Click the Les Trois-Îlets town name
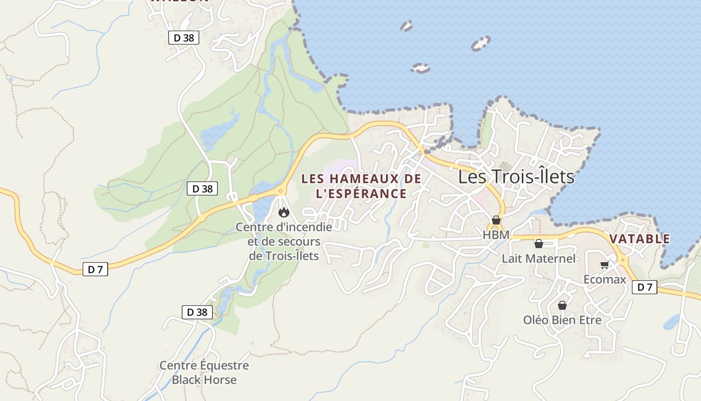pyautogui.click(x=516, y=177)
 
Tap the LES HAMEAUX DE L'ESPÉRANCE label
pyautogui.click(x=361, y=186)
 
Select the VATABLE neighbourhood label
pyautogui.click(x=640, y=239)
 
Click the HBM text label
pyautogui.click(x=496, y=235)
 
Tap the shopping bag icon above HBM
pyautogui.click(x=496, y=220)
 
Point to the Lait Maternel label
pyautogui.click(x=539, y=259)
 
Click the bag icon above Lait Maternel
pyautogui.click(x=539, y=244)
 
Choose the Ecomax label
pyautogui.click(x=605, y=279)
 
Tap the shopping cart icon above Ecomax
pyautogui.click(x=604, y=265)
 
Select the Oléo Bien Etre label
pyautogui.click(x=562, y=320)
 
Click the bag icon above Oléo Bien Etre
pyautogui.click(x=562, y=305)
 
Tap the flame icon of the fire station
pyautogui.click(x=284, y=212)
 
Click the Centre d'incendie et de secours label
pyautogui.click(x=284, y=241)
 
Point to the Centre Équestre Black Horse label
pyautogui.click(x=204, y=372)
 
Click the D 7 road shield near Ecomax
pyautogui.click(x=644, y=287)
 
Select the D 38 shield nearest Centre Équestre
pyautogui.click(x=197, y=312)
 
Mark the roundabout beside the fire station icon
pyautogui.click(x=280, y=190)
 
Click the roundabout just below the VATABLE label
pyautogui.click(x=622, y=260)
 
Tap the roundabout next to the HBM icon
pyautogui.click(x=495, y=228)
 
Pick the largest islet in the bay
pyautogui.click(x=481, y=44)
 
